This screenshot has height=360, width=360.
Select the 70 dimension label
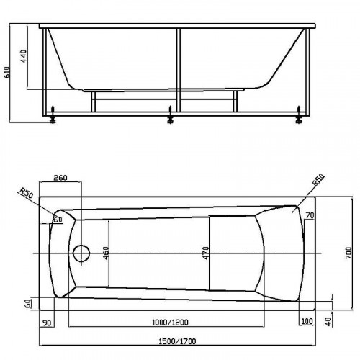310,215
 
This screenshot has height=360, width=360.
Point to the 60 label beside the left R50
57,219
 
